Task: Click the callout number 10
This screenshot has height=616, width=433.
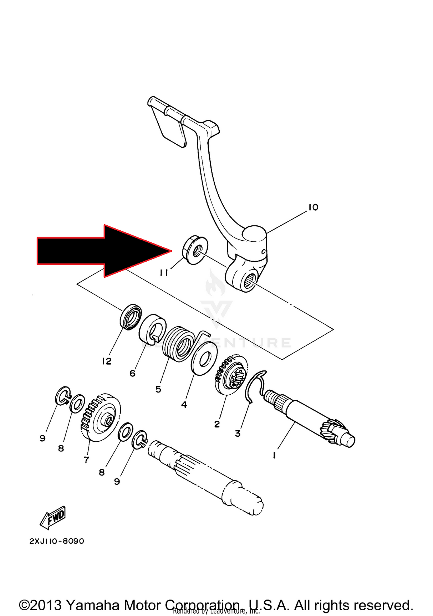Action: [x=313, y=207]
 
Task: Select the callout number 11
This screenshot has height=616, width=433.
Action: [x=164, y=273]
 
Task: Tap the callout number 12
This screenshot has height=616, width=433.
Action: [x=107, y=361]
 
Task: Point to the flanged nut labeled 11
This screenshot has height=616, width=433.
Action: [x=195, y=249]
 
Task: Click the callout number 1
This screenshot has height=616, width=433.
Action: [x=274, y=455]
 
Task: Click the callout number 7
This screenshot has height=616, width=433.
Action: [x=86, y=460]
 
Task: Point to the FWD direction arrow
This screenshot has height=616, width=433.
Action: [x=54, y=517]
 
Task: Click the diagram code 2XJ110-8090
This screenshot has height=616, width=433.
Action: [x=57, y=541]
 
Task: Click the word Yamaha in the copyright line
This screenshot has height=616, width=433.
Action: [x=94, y=605]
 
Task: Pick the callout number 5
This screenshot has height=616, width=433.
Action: [x=158, y=389]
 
